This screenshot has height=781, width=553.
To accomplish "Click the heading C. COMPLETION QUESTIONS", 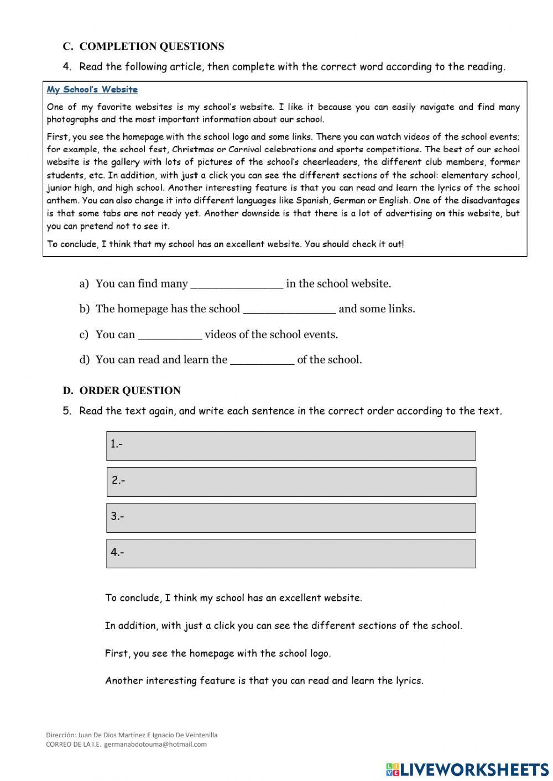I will [143, 46].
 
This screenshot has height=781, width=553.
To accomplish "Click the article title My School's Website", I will [92, 90].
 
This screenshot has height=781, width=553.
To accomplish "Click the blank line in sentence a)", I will [237, 284].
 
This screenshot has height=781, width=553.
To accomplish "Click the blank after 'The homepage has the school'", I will [289, 310].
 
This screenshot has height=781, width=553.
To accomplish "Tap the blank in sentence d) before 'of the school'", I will [262, 360].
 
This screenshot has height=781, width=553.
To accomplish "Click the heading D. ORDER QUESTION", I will [122, 391].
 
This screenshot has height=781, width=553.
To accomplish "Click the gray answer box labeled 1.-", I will [291, 446].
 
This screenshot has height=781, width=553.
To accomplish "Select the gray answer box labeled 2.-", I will [291, 482].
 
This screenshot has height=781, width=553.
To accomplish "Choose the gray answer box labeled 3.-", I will [291, 518].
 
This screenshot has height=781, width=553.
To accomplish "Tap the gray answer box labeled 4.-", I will [291, 553].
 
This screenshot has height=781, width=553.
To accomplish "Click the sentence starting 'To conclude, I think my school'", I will [233, 597].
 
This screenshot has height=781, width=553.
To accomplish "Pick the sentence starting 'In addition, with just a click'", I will [283, 626].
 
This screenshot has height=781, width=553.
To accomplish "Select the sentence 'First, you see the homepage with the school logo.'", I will [218, 653].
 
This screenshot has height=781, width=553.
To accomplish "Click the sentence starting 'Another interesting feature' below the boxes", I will [264, 681].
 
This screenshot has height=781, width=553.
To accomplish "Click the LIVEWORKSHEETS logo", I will [467, 769].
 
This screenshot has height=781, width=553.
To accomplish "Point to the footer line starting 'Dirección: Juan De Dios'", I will [132, 735].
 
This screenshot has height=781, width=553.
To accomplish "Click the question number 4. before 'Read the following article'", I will [67, 67].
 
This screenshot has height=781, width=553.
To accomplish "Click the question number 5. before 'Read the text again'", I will [67, 411].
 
